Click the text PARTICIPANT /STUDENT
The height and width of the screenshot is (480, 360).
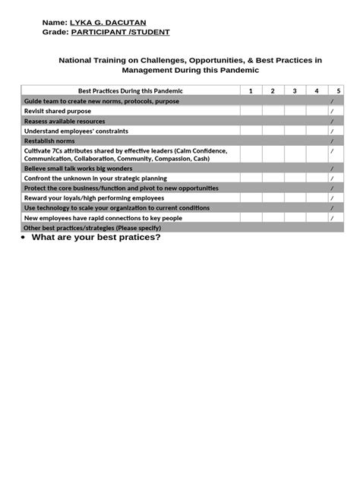pos(121,33)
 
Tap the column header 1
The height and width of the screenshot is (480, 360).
pos(251,91)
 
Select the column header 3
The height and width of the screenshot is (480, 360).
pos(295,91)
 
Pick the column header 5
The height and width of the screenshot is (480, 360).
pos(338,91)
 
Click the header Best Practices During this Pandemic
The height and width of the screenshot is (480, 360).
pos(131,91)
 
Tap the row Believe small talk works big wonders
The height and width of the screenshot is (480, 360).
pos(78,168)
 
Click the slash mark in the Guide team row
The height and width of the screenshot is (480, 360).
pos(332,101)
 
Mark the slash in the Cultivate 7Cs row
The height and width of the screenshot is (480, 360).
pos(332,150)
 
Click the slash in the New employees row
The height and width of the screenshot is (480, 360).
pos(332,218)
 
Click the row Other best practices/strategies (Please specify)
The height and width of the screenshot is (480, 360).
pos(93,227)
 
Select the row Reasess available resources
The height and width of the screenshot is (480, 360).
pos(65,121)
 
